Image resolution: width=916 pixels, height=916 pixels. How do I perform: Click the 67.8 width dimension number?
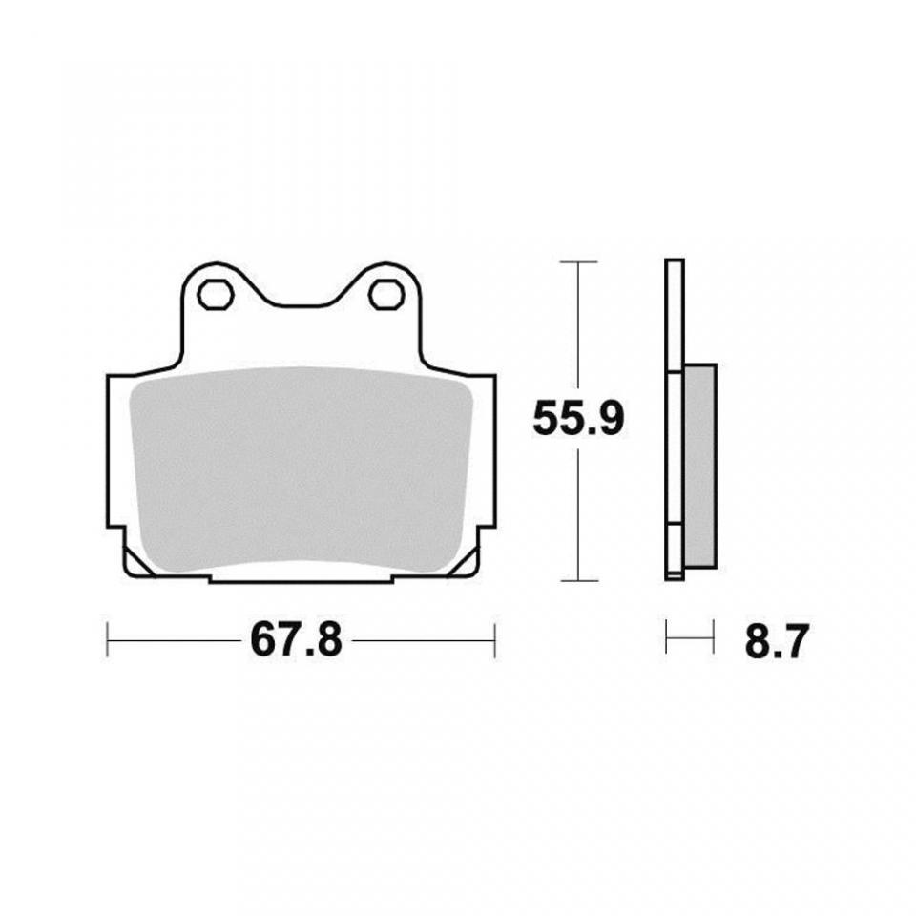296,640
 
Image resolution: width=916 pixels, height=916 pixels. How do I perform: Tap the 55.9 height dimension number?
578,418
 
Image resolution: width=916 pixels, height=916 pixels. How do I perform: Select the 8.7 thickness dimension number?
777,642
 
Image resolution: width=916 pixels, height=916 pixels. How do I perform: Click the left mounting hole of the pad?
216,295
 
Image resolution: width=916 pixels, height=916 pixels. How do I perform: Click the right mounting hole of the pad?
387,295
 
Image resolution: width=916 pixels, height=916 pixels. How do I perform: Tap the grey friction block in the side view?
699,466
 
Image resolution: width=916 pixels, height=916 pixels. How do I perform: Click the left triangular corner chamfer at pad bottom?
138,563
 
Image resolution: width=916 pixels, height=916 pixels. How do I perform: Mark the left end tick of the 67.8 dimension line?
108,640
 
